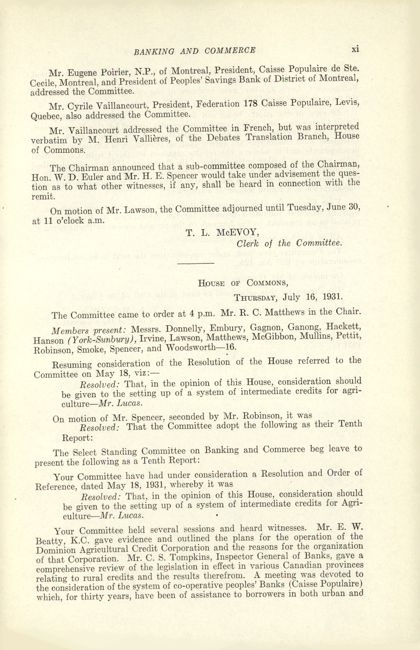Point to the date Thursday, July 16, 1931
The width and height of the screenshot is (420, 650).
tap(288, 297)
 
